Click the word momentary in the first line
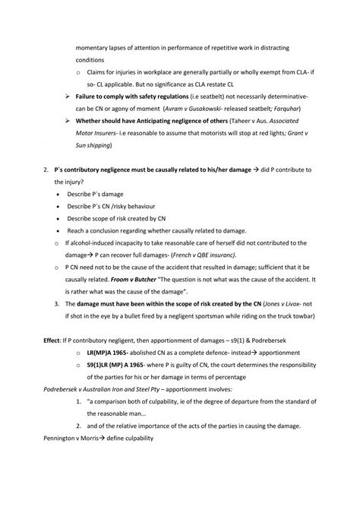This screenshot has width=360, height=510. pos(93,48)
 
